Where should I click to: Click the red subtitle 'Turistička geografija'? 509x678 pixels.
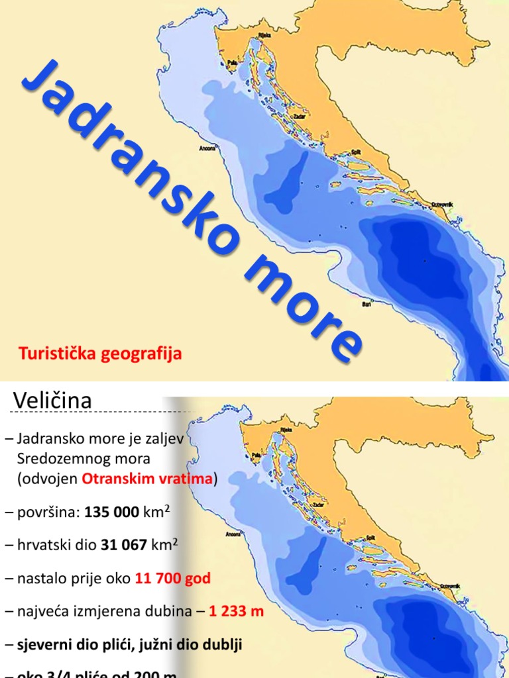coord(100,354)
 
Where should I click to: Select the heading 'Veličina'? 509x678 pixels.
coord(52,401)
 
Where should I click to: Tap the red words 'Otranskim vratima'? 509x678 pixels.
coord(148,479)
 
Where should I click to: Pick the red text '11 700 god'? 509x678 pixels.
coord(172,579)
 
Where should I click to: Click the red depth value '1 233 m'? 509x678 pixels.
coord(237,611)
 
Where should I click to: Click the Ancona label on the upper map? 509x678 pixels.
coord(208,148)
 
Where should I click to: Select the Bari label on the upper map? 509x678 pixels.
coord(366,306)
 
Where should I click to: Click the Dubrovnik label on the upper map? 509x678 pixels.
coord(441,204)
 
